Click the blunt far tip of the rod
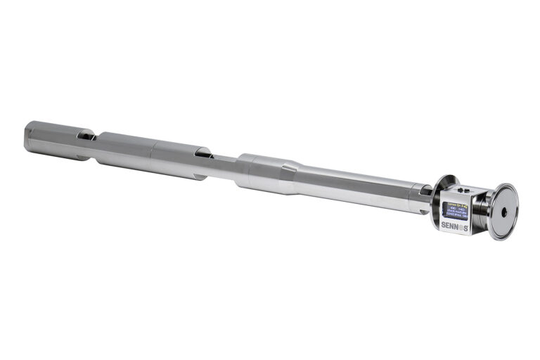tap(27, 134)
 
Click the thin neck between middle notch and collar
tap(224, 162)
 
